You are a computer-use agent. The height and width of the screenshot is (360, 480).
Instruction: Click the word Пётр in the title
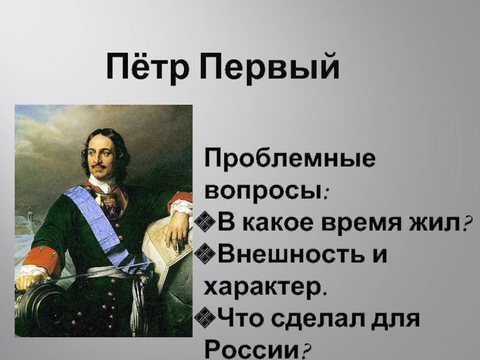[x=147, y=67]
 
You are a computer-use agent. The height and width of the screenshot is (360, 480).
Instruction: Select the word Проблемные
[x=290, y=160]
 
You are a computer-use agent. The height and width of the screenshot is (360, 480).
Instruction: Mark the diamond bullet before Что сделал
[x=205, y=317]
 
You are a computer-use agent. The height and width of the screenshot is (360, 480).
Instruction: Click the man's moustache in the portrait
[x=98, y=166]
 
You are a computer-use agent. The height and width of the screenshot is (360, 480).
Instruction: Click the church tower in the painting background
[x=29, y=214]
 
